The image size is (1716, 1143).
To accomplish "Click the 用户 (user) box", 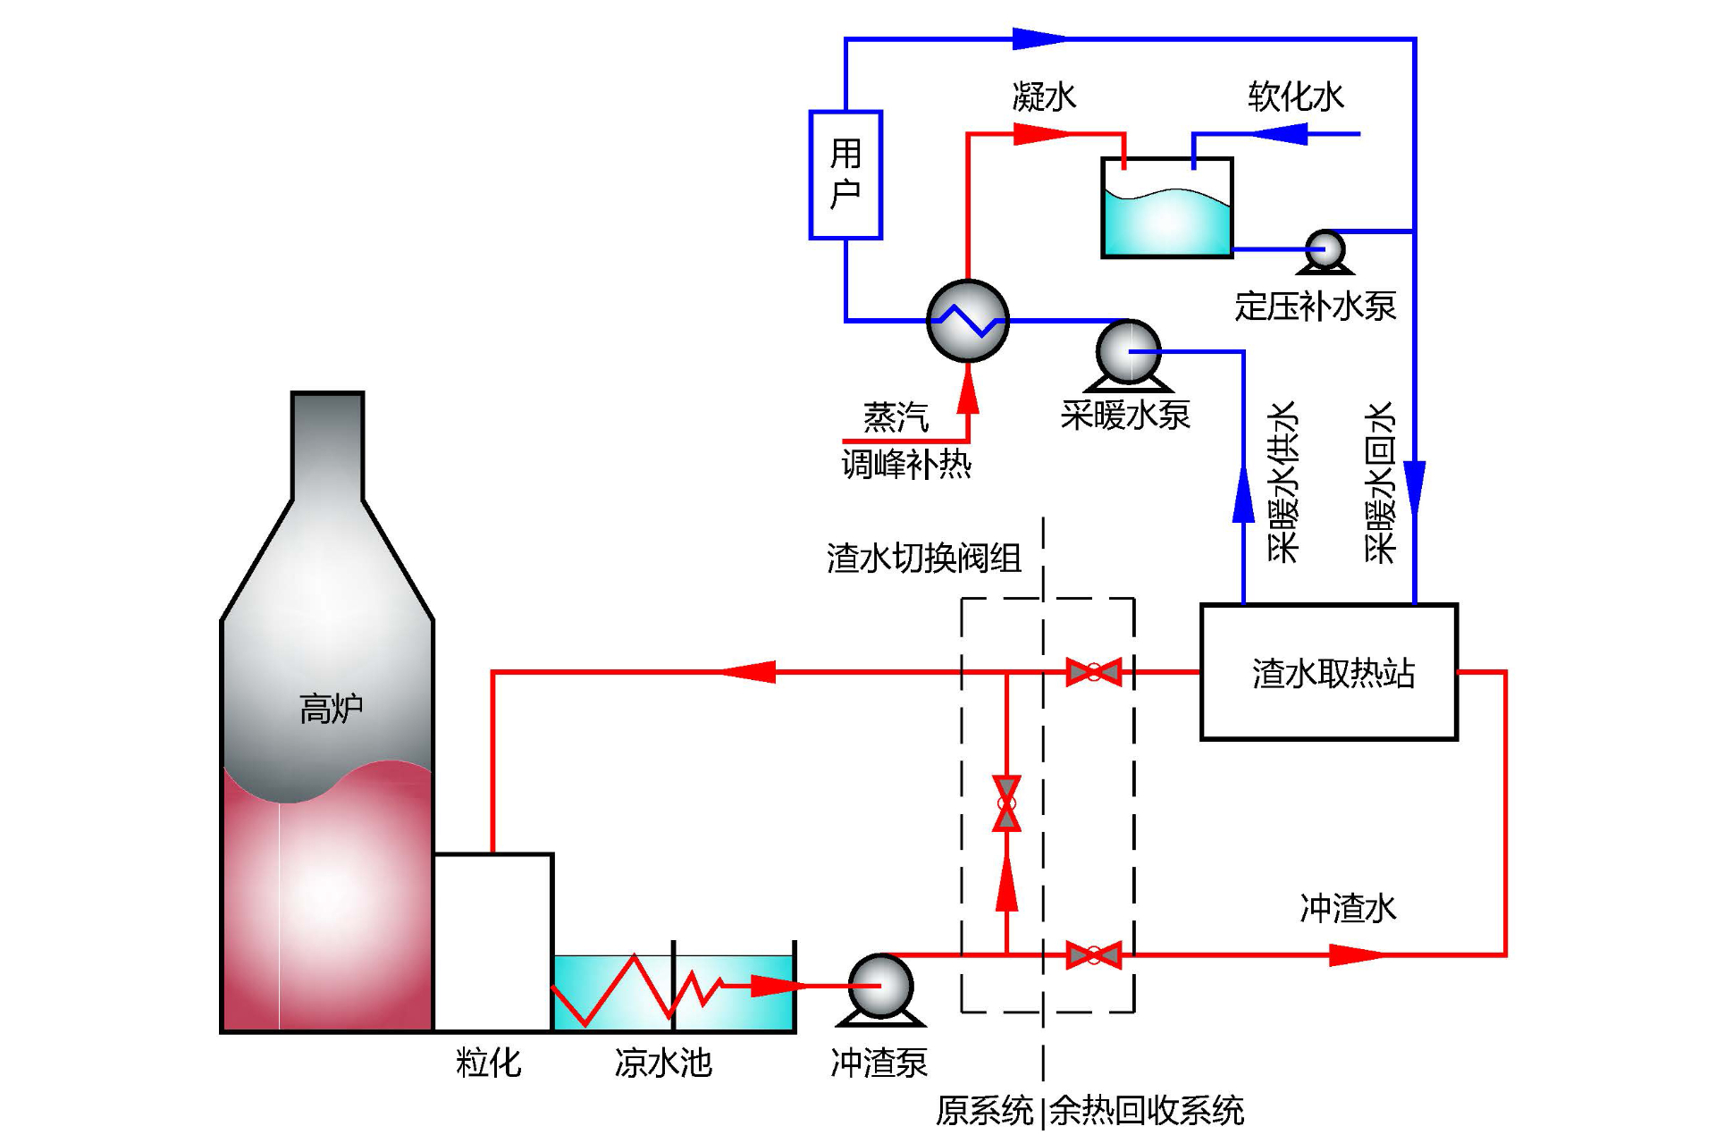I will [x=845, y=175].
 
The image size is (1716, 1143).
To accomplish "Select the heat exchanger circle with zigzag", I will [x=968, y=321].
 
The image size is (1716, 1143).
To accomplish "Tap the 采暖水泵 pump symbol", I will [x=1128, y=353].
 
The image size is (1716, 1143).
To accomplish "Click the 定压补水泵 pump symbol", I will [x=1325, y=249].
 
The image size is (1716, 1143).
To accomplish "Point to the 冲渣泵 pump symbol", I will [x=880, y=987].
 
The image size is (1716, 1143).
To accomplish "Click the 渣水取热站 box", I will [x=1329, y=672].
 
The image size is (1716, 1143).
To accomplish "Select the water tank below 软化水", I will [x=1167, y=209].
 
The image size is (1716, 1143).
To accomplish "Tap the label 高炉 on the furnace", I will [x=330, y=709].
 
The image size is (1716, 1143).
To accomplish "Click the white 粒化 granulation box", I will [x=493, y=942].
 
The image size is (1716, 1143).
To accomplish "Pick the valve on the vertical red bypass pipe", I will [x=1006, y=803].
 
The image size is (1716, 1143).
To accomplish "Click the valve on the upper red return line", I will [x=1094, y=672].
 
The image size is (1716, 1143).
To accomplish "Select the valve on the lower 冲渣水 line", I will [x=1094, y=955].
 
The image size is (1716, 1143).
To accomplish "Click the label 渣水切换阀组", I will [x=923, y=559].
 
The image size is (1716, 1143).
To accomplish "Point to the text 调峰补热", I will [x=905, y=465].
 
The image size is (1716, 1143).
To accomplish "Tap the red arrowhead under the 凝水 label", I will [x=1041, y=134].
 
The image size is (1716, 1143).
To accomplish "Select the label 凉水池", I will [x=662, y=1063].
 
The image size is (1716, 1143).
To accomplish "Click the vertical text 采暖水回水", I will [x=1380, y=483].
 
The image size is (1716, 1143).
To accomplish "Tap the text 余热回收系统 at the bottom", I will [x=1146, y=1111].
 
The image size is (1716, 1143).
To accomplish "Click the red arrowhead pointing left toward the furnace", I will [x=749, y=672].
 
